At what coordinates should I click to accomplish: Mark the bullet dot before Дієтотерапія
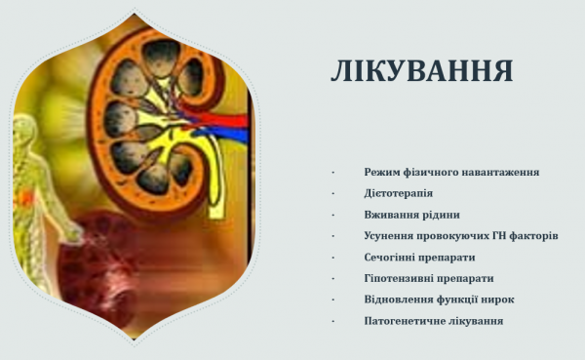333,193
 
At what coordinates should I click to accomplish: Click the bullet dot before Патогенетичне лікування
333,321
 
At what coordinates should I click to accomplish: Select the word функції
458,300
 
